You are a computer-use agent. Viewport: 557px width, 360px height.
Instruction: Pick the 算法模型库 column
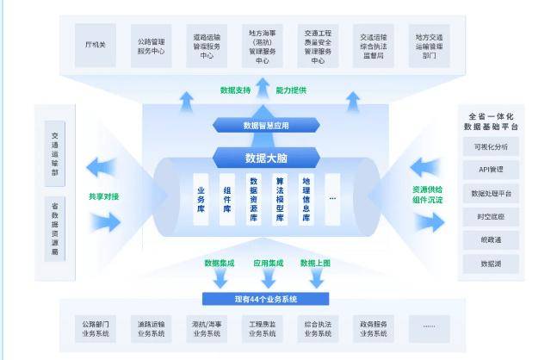[279, 199]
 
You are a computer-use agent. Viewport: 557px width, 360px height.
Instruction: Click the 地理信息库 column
[305, 199]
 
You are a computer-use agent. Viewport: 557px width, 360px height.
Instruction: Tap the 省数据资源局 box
[56, 228]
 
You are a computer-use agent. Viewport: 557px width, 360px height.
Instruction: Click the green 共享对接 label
[104, 196]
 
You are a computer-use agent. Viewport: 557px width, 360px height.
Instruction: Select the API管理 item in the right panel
[490, 170]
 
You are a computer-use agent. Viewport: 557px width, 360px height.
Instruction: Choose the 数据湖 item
[490, 264]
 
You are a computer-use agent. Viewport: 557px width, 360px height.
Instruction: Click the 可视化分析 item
[490, 146]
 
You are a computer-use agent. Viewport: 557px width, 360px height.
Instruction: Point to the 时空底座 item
[490, 217]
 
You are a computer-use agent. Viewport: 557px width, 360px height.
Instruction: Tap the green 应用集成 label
[267, 263]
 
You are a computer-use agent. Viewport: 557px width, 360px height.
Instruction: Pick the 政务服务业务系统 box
[374, 328]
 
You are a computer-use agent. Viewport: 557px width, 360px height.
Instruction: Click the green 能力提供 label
[291, 90]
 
